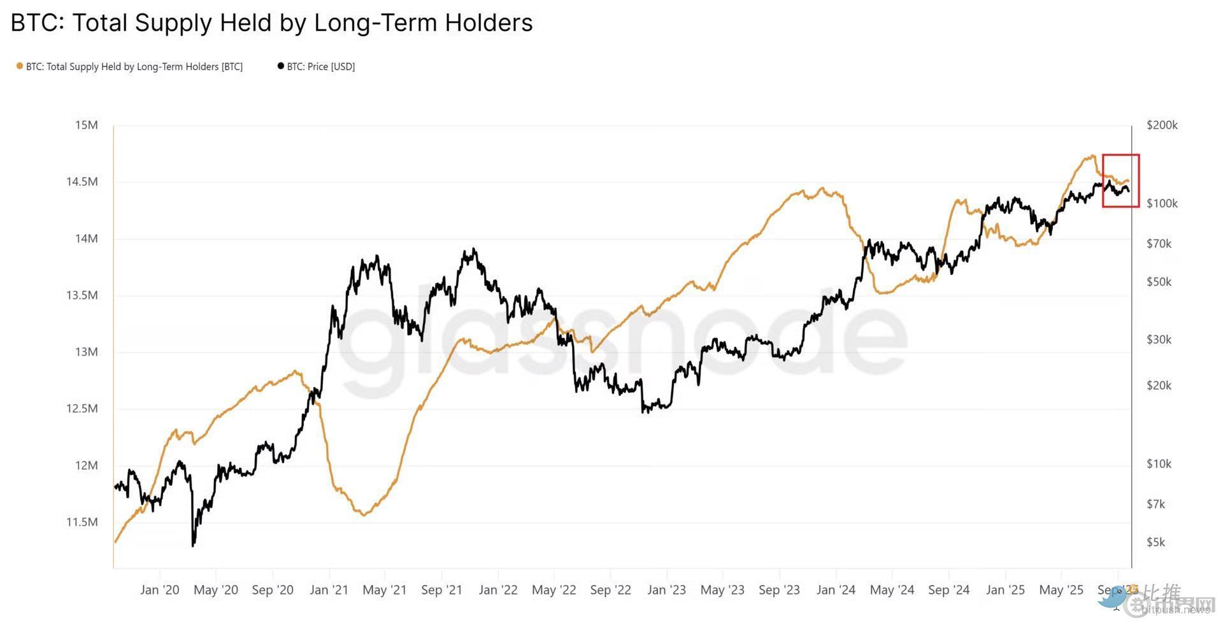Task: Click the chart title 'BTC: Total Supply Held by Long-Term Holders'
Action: (x=271, y=23)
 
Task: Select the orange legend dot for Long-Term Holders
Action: (x=20, y=66)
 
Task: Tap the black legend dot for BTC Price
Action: (x=280, y=66)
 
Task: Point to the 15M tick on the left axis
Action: (x=87, y=125)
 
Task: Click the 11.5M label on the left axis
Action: (x=82, y=522)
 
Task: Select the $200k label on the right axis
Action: (x=1162, y=125)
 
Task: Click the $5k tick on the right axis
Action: (x=1155, y=542)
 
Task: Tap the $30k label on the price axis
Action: (x=1159, y=339)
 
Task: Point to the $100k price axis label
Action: (x=1162, y=204)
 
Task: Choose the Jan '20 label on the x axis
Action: (x=159, y=590)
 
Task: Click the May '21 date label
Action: (x=384, y=590)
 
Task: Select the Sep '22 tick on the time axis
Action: (x=610, y=590)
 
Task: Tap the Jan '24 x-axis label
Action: (x=836, y=590)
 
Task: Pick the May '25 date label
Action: (x=1061, y=590)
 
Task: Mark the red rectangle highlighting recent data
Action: (x=1121, y=180)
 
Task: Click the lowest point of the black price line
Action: (x=193, y=545)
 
